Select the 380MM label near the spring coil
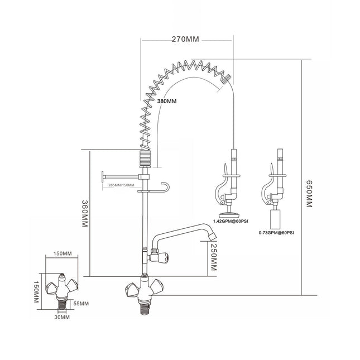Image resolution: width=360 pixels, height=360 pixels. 167,101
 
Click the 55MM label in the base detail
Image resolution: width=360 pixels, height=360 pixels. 81,303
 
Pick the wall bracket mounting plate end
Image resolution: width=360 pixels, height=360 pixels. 103,177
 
